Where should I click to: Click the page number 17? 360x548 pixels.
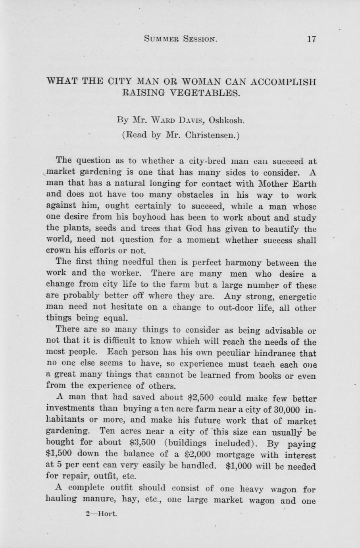(311, 39)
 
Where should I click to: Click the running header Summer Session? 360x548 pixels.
(181, 39)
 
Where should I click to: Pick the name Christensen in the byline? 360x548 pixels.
(211, 135)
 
